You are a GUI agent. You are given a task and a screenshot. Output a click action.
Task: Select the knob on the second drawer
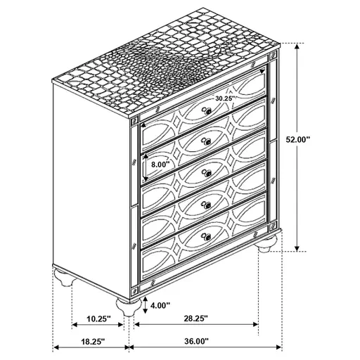pyautogui.click(x=207, y=141)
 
